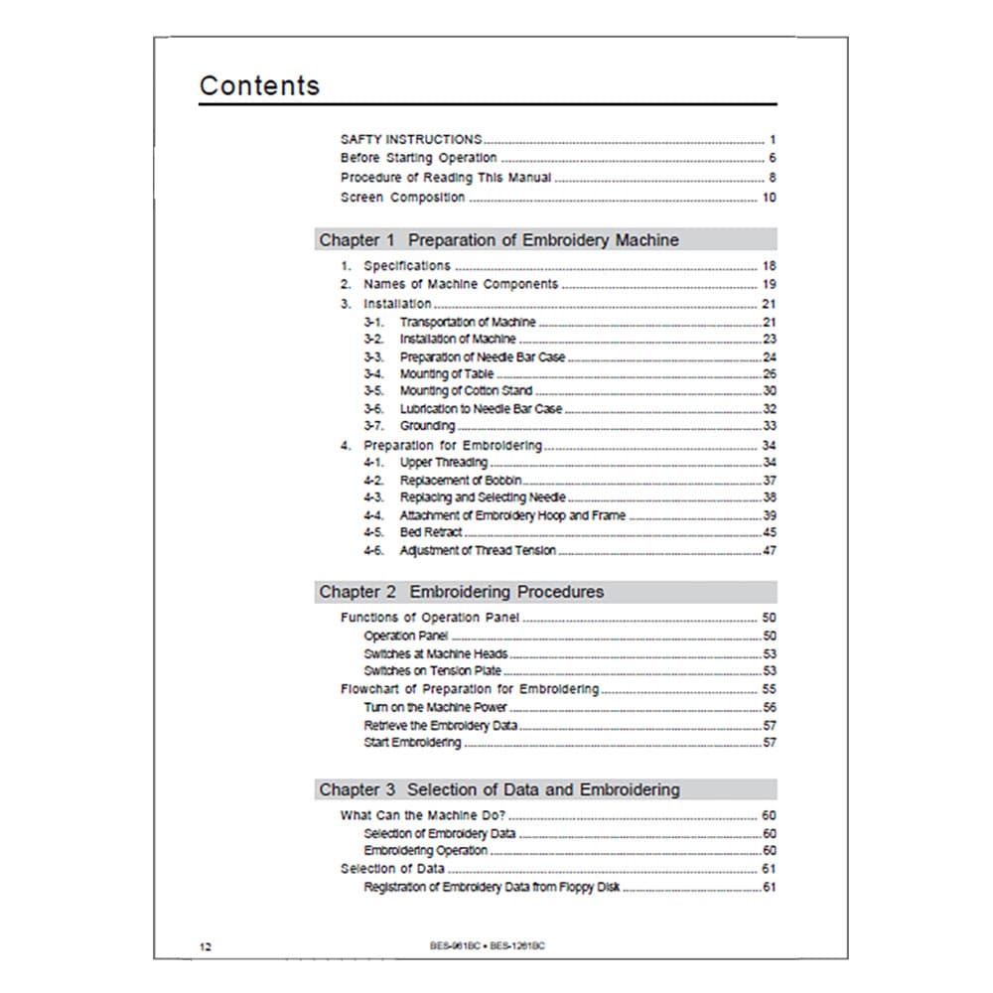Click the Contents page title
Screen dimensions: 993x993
click(x=259, y=85)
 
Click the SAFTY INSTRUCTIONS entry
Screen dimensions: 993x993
click(x=411, y=140)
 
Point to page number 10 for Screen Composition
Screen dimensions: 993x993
click(x=769, y=198)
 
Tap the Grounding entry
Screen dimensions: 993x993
click(x=428, y=426)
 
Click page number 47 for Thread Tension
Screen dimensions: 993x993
click(x=769, y=551)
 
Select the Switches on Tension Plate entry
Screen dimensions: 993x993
click(x=436, y=671)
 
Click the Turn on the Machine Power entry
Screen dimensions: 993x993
click(x=436, y=708)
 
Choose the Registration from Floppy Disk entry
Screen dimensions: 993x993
click(x=492, y=888)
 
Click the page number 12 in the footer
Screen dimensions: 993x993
click(x=205, y=946)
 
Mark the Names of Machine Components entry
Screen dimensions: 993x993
click(x=461, y=285)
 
